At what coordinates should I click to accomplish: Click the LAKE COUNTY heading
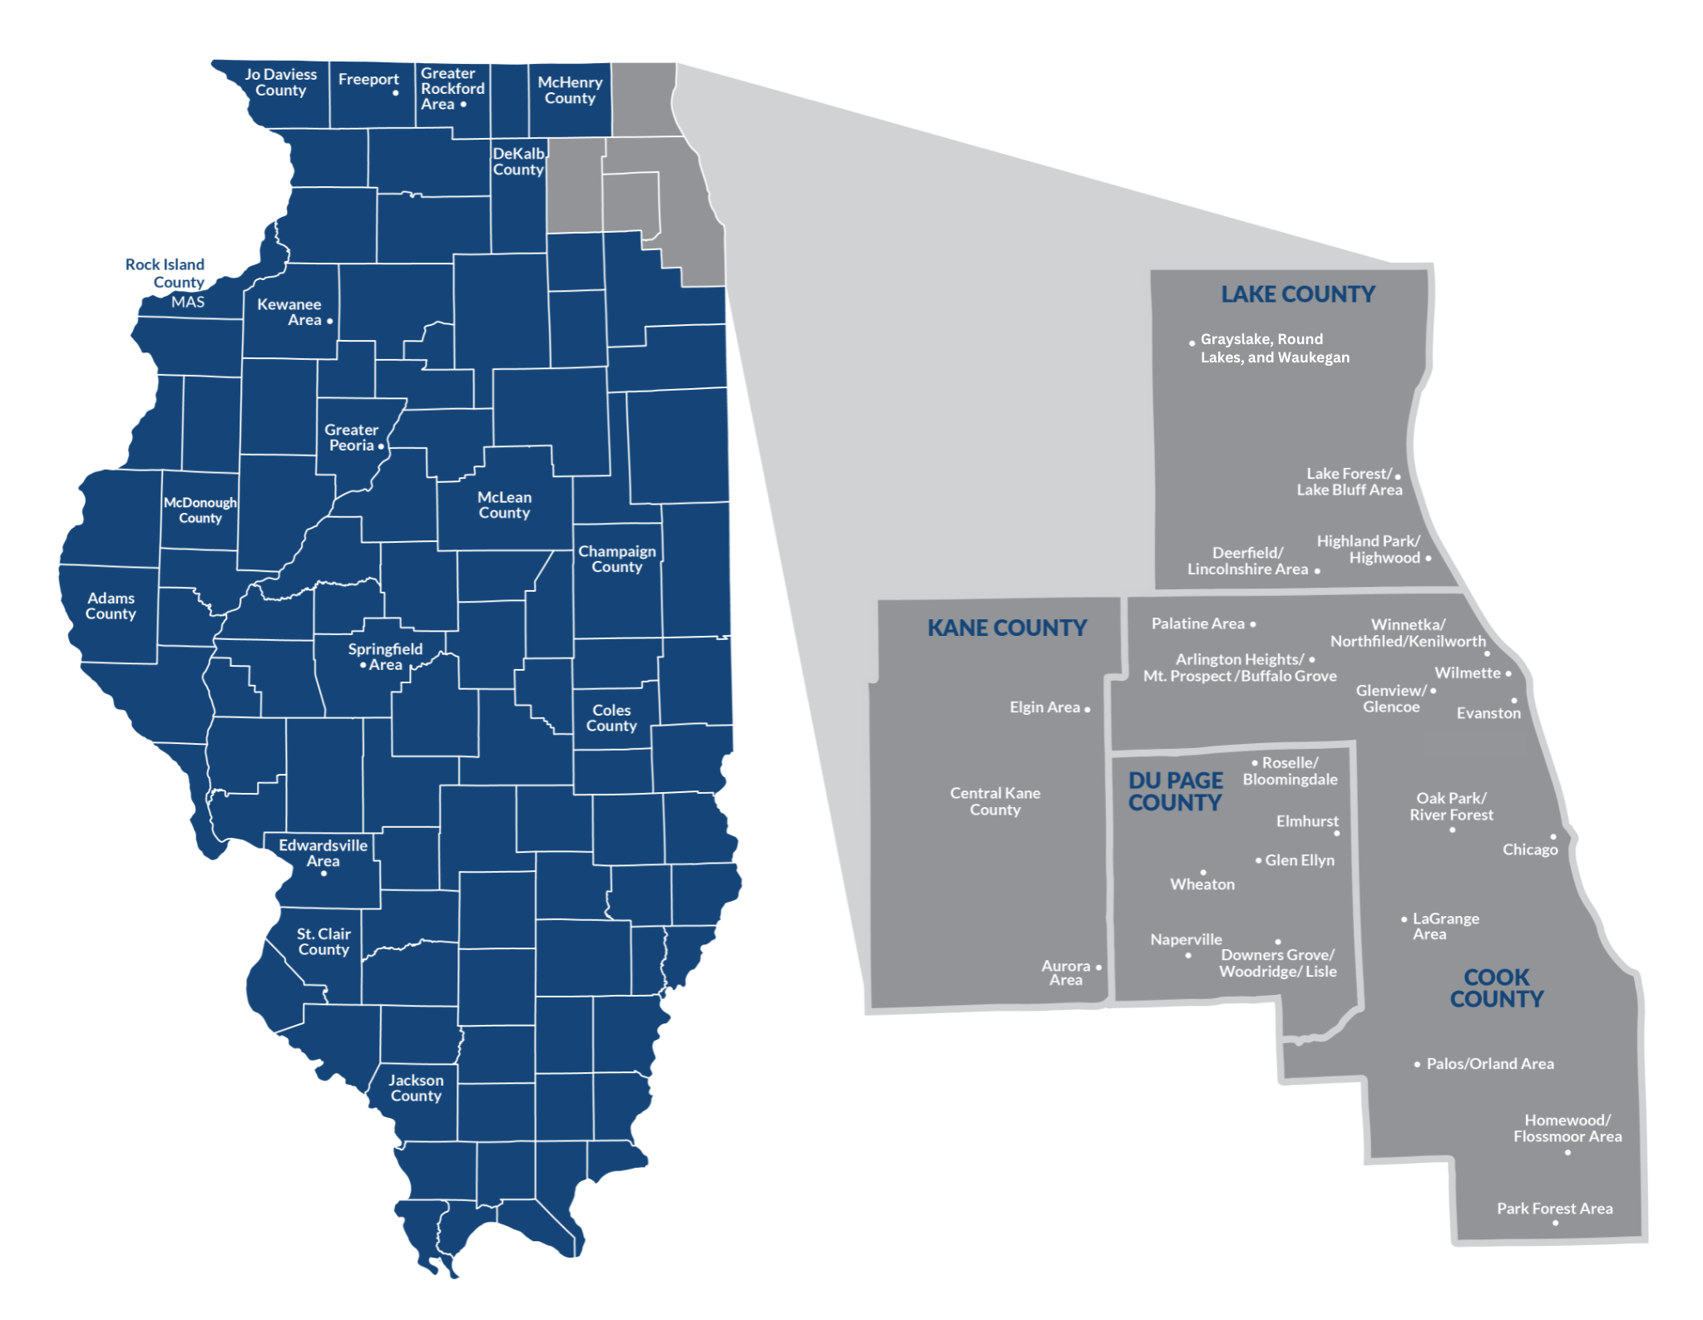pyautogui.click(x=1297, y=294)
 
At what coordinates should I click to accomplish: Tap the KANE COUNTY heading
pyautogui.click(x=1007, y=628)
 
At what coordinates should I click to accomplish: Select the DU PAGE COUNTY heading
pyautogui.click(x=1175, y=791)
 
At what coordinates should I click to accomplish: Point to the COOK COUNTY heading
pyautogui.click(x=1496, y=988)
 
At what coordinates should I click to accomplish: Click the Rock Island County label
pyautogui.click(x=165, y=273)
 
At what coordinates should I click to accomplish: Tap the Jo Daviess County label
pyautogui.click(x=280, y=82)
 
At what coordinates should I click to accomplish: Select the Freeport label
pyautogui.click(x=368, y=79)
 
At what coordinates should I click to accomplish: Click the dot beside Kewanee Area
pyautogui.click(x=330, y=321)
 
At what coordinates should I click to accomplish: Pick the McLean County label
pyautogui.click(x=504, y=505)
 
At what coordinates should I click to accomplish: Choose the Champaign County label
pyautogui.click(x=617, y=559)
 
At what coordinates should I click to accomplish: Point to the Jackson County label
pyautogui.click(x=416, y=1087)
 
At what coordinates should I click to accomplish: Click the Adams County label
pyautogui.click(x=111, y=606)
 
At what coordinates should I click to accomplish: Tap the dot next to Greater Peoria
pyautogui.click(x=381, y=446)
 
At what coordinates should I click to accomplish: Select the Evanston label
pyautogui.click(x=1488, y=713)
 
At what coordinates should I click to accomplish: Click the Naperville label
pyautogui.click(x=1186, y=939)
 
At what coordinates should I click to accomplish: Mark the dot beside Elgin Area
pyautogui.click(x=1087, y=709)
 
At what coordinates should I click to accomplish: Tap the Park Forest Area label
pyautogui.click(x=1554, y=1209)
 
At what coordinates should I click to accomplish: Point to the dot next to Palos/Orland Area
pyautogui.click(x=1417, y=1064)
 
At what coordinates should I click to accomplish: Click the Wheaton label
pyautogui.click(x=1202, y=884)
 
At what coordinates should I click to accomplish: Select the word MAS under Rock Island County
pyautogui.click(x=188, y=302)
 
